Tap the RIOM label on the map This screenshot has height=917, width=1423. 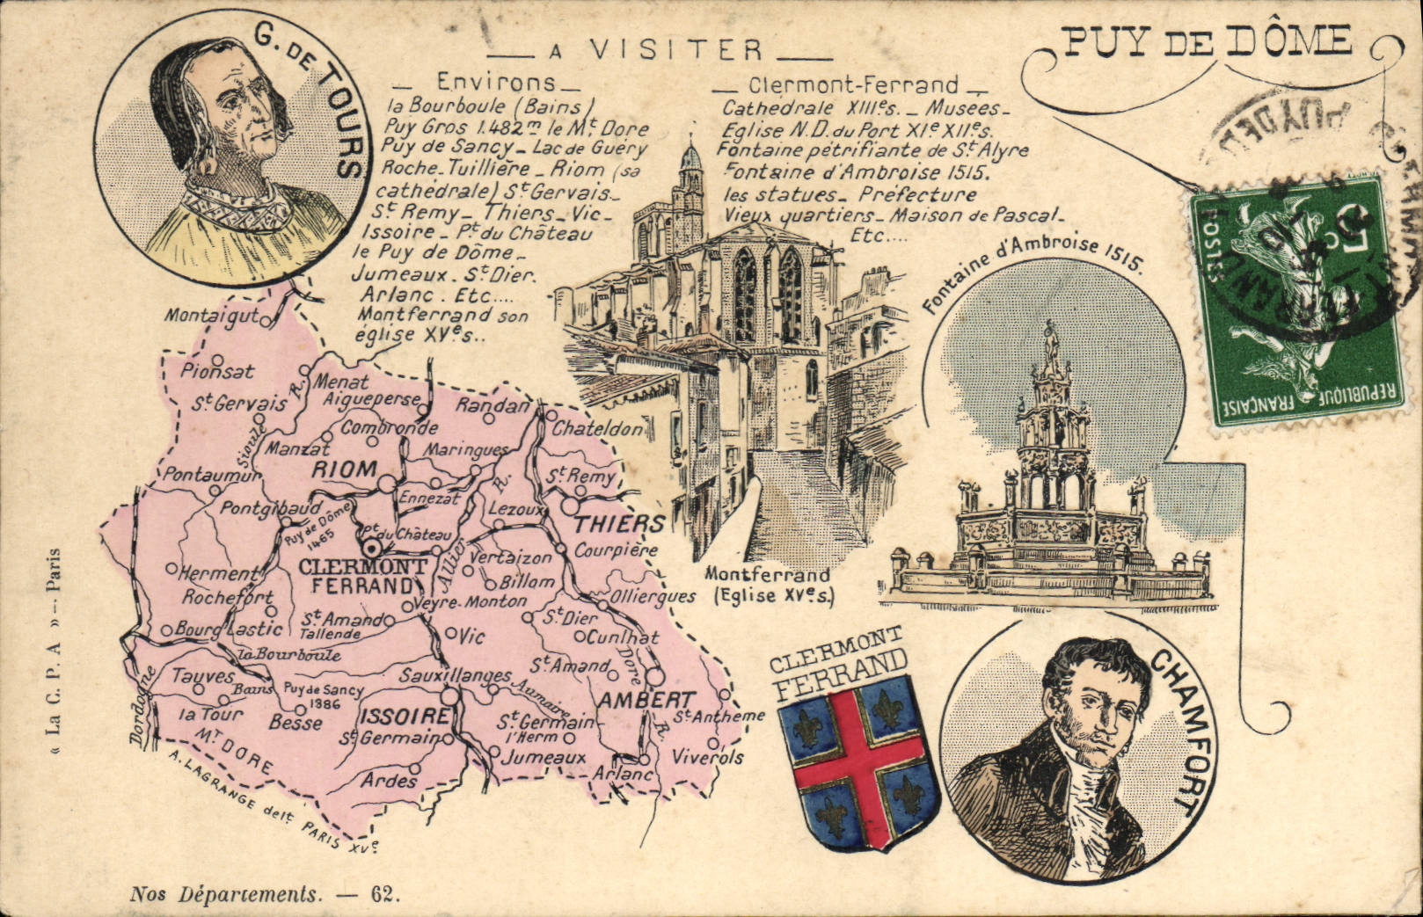point(344,469)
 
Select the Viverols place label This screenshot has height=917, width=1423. point(708,756)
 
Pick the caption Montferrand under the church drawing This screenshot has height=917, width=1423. point(767,575)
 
